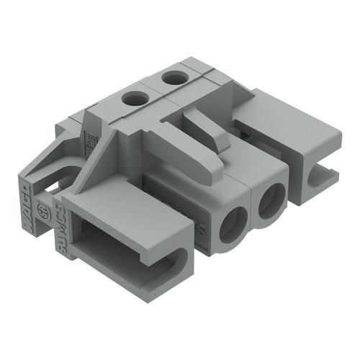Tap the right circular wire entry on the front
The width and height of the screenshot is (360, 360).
tap(272, 201)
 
